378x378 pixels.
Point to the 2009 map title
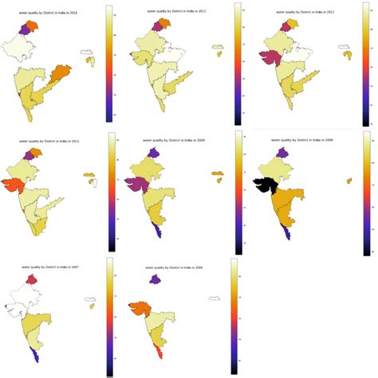[x=171, y=140]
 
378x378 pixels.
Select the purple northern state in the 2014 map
[x=30, y=28]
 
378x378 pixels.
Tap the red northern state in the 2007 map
[x=32, y=279]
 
